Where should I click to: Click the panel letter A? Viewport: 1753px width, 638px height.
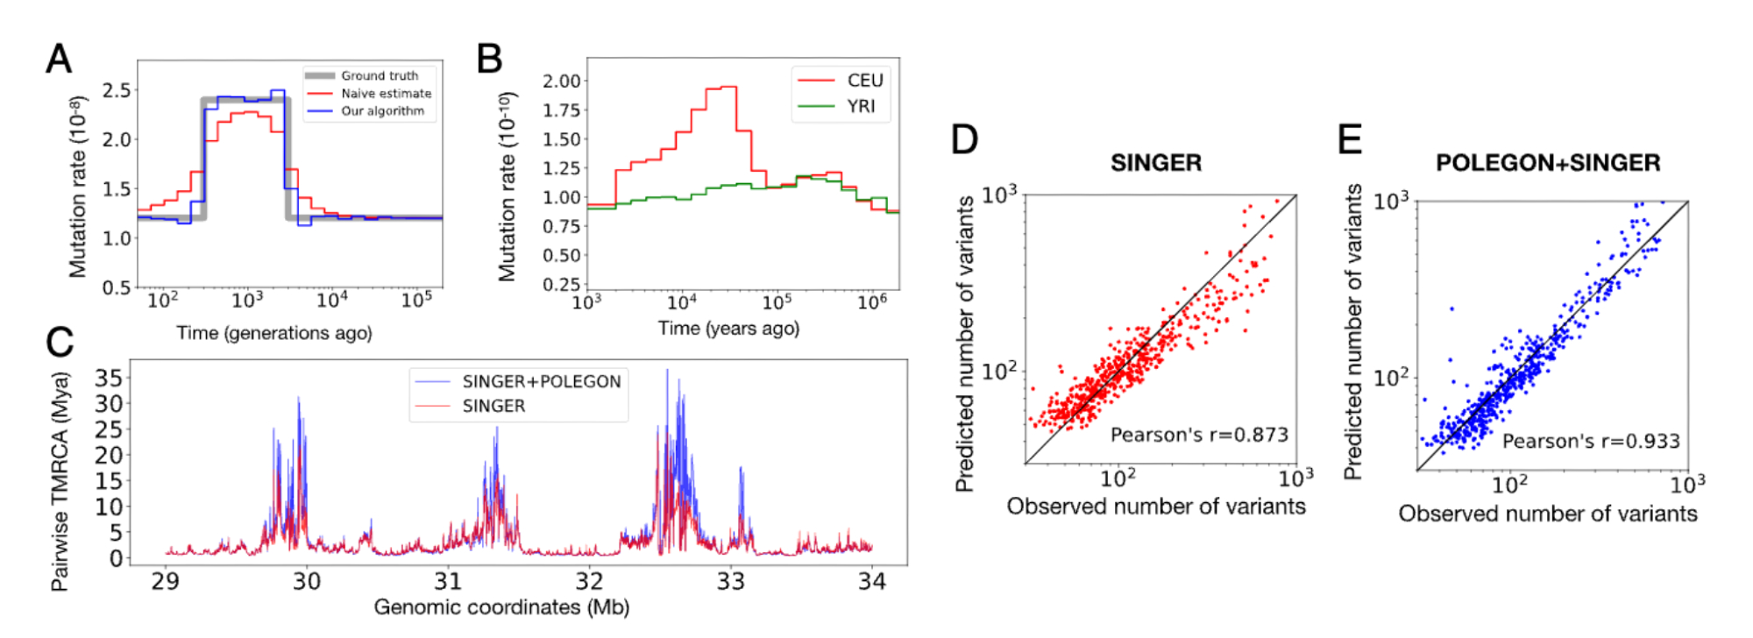[x=59, y=60]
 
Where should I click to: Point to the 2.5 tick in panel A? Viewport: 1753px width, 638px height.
[x=117, y=90]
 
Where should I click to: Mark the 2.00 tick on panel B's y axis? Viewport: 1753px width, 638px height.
[x=561, y=82]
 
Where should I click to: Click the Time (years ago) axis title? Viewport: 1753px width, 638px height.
[x=728, y=329]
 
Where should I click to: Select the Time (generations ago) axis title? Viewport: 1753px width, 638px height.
[x=274, y=333]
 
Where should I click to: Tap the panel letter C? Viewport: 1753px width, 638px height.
[x=60, y=342]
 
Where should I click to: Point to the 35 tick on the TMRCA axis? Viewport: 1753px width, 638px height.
[x=109, y=379]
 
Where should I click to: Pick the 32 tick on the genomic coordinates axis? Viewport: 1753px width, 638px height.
[x=589, y=581]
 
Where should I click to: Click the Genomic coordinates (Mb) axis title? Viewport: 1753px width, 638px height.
[x=501, y=607]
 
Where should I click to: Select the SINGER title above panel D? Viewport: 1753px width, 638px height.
[x=1155, y=163]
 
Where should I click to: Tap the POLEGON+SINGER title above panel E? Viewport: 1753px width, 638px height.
[x=1547, y=163]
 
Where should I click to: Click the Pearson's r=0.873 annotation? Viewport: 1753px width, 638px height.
[x=1199, y=435]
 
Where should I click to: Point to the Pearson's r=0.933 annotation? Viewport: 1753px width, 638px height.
[x=1591, y=442]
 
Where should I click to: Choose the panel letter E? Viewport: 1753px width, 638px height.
[x=1350, y=139]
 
